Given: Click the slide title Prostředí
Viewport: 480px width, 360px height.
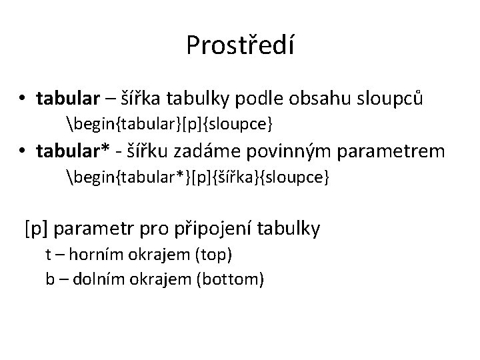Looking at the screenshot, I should (x=240, y=45).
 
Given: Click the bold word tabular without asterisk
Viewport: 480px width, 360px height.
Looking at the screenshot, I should (x=67, y=99).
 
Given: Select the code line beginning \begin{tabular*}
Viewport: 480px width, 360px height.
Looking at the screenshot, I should (x=198, y=178).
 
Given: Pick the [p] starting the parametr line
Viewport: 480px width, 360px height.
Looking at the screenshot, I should (x=37, y=229).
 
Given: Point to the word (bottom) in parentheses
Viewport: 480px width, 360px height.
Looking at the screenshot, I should (x=230, y=279).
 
